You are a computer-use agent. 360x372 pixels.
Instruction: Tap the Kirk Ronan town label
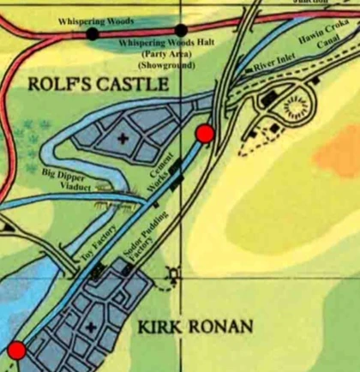tap(196, 327)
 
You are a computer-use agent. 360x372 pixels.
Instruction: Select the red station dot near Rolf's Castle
tap(204, 133)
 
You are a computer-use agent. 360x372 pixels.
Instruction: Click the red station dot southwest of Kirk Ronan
tap(15, 350)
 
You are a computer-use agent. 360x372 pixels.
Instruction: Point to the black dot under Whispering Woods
tap(92, 33)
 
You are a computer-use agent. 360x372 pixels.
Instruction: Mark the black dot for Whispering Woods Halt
tap(181, 31)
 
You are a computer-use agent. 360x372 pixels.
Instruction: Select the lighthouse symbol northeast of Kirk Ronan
tap(175, 274)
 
